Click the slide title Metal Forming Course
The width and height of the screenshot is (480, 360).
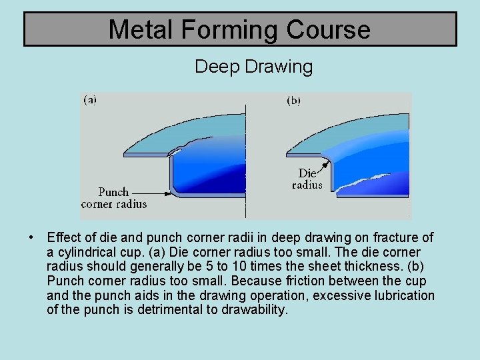click(239, 29)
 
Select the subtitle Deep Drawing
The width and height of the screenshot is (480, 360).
click(253, 67)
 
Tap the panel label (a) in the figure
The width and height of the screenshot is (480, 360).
click(89, 100)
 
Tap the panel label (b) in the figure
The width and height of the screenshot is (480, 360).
click(293, 100)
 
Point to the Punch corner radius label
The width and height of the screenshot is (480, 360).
click(113, 198)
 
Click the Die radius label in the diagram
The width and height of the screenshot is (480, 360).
click(307, 179)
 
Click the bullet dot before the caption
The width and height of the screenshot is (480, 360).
click(31, 237)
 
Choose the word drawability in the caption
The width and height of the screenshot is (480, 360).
click(253, 310)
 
